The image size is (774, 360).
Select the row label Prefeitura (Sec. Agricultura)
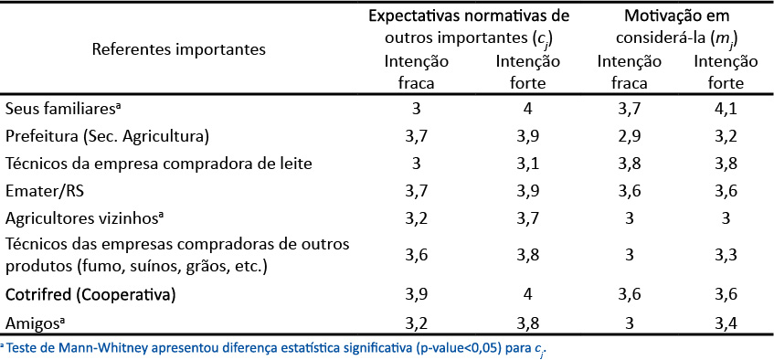pyautogui.click(x=108, y=136)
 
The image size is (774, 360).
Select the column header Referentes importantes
pyautogui.click(x=179, y=48)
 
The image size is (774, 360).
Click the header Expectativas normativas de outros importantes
pyautogui.click(x=469, y=27)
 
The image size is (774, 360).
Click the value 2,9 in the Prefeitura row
pyautogui.click(x=623, y=136)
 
